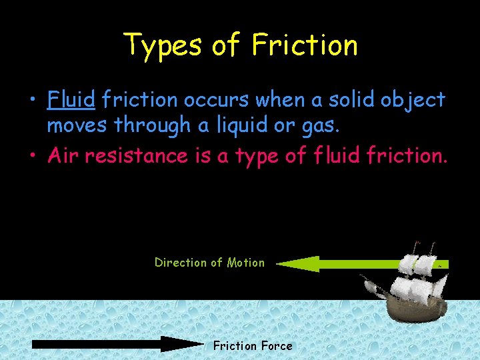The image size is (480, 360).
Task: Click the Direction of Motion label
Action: (x=209, y=263)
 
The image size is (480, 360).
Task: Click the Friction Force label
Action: (x=253, y=345)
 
